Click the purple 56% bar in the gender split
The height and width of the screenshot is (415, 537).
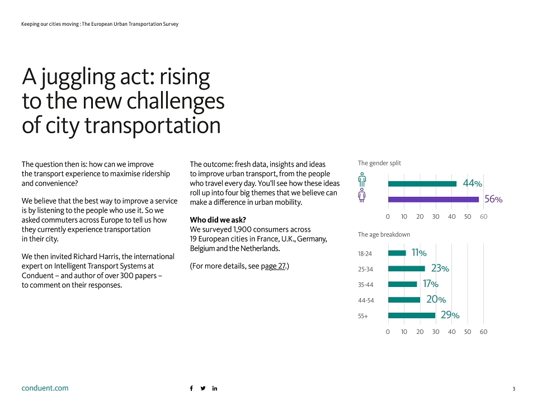click(x=433, y=200)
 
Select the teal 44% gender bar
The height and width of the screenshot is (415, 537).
click(x=422, y=184)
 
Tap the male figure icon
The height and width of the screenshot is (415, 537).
click(x=362, y=180)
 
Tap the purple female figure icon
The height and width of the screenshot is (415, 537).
click(x=362, y=195)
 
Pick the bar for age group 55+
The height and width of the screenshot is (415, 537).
click(x=412, y=315)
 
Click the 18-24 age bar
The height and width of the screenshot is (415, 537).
click(x=397, y=253)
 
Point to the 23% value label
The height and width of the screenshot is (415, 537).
click(x=440, y=268)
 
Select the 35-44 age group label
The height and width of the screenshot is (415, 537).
click(x=365, y=285)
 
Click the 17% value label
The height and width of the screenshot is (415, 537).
click(x=431, y=284)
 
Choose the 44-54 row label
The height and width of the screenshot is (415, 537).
click(x=366, y=300)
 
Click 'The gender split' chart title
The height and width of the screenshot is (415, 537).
click(x=379, y=163)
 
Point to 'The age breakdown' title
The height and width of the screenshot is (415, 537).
click(x=384, y=234)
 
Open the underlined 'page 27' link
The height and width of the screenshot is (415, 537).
click(x=273, y=266)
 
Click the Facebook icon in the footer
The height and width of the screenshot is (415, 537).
click(x=191, y=388)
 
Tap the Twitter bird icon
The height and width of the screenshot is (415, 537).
click(x=203, y=388)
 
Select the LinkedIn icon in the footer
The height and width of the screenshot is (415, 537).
click(x=215, y=388)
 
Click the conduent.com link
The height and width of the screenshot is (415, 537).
click(x=45, y=388)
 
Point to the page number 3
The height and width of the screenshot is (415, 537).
click(x=514, y=389)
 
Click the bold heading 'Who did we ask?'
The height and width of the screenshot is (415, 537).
click(x=218, y=220)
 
